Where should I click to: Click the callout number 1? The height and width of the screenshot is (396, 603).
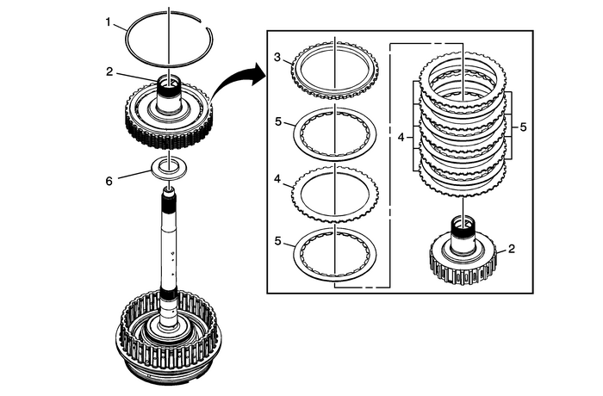coord(109,22)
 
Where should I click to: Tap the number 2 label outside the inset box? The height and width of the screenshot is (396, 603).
coord(109,73)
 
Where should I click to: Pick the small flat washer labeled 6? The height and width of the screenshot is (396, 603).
coord(170,167)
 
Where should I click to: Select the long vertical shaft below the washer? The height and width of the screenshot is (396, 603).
coord(170,250)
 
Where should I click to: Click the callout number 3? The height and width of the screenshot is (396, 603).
coord(277,57)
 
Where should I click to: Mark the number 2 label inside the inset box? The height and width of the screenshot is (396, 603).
coord(511,249)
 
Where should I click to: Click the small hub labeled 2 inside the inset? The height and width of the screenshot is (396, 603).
coord(463,255)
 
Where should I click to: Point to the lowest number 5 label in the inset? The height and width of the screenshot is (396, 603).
coord(277,242)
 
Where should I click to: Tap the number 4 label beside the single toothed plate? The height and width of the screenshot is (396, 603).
coord(277,180)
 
